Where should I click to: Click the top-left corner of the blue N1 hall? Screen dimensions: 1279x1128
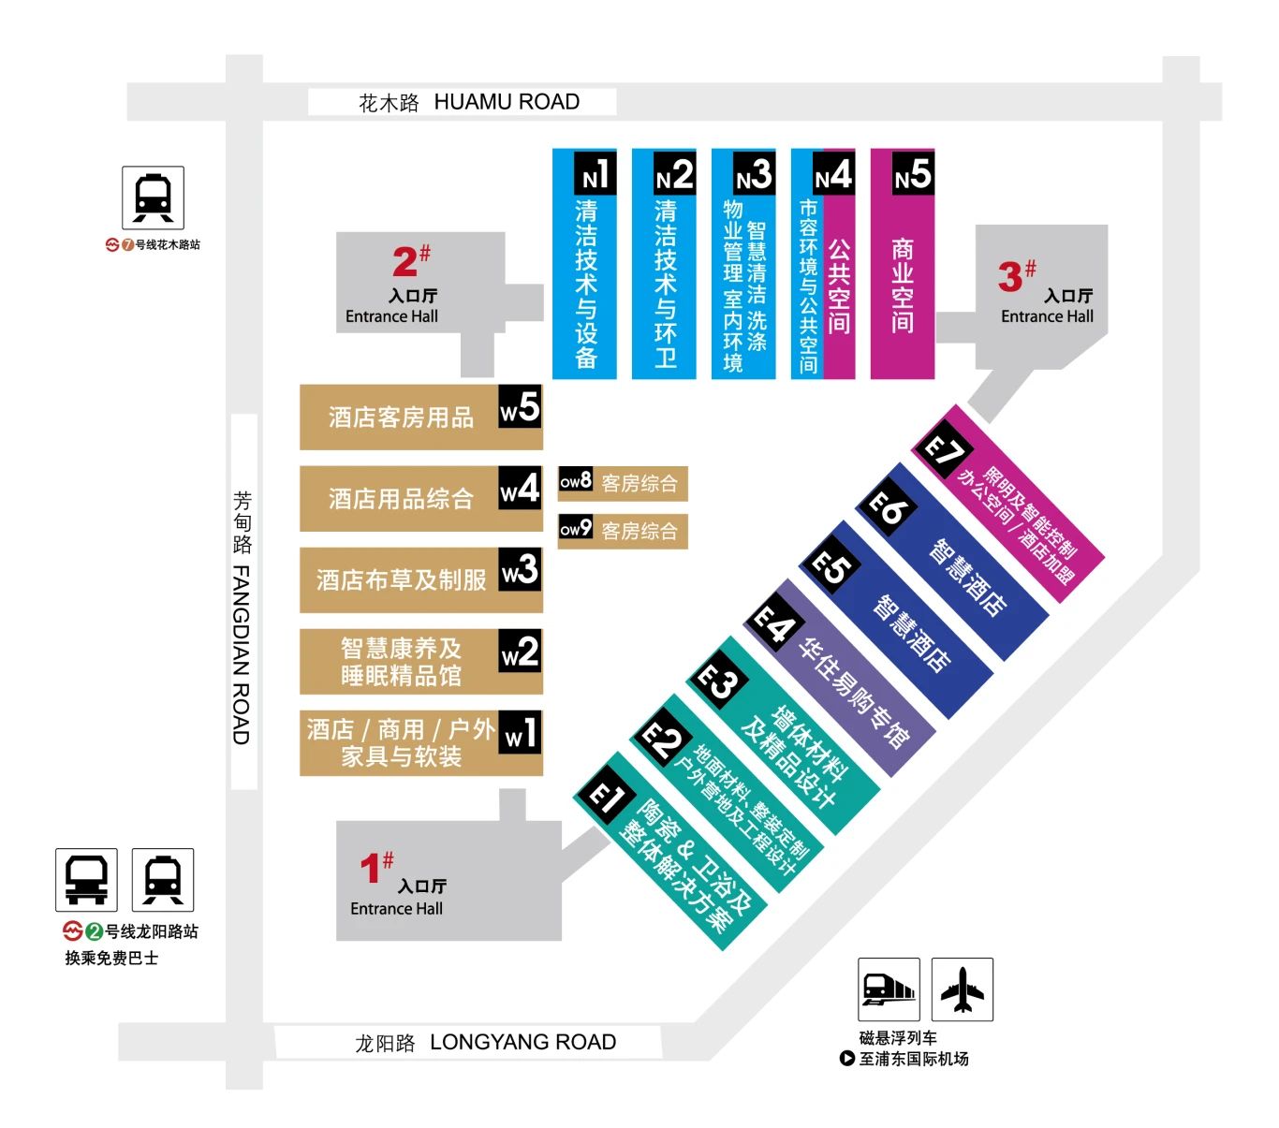coord(553,150)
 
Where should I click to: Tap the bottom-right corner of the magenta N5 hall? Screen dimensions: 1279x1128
coord(934,379)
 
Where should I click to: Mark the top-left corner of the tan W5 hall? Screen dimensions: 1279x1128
coord(301,385)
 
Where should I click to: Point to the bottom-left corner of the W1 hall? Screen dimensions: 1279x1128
coord(301,775)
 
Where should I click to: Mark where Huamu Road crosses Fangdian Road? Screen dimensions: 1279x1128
coord(244,101)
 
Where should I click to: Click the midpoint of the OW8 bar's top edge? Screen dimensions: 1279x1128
coord(623,466)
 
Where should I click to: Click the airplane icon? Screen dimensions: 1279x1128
coord(963,989)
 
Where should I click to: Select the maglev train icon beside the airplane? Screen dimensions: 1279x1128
coord(889,989)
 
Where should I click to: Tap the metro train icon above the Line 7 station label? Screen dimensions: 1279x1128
coord(153,198)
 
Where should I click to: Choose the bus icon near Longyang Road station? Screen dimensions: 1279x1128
coord(86,879)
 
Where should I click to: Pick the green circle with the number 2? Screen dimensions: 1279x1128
coord(94,931)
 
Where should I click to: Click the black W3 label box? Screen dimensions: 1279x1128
coord(520,569)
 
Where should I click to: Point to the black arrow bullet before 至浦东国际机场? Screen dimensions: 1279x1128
coord(847,1058)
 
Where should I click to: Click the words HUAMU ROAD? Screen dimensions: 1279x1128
coord(507,102)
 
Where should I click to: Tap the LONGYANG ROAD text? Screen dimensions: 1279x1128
coord(523,1042)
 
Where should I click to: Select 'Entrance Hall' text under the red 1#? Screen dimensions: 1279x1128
coord(396,908)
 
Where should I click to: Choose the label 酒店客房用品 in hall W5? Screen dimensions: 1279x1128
coord(401,418)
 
